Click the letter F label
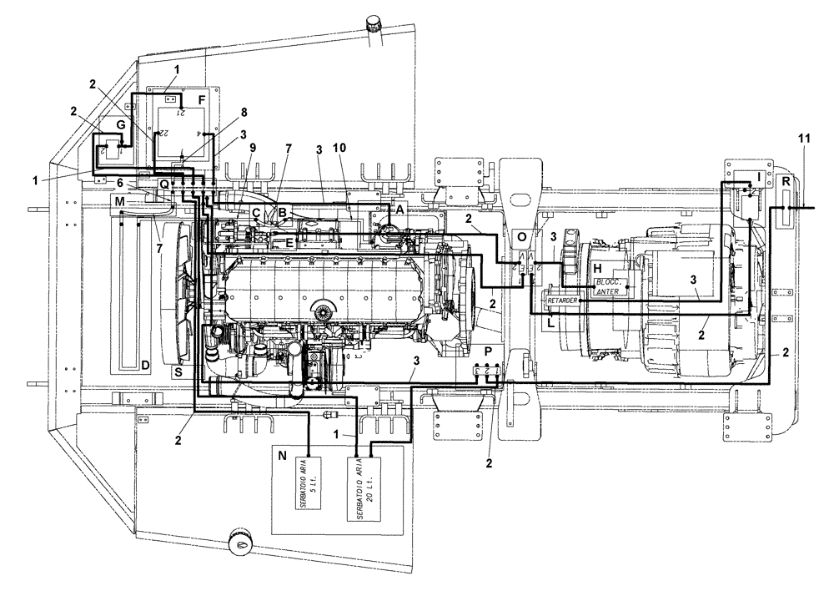click(201, 99)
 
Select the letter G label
click(120, 125)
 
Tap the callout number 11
click(803, 139)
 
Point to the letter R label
click(786, 179)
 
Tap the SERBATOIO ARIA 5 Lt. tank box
click(309, 488)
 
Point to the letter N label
click(283, 456)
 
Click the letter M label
click(121, 201)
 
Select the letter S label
click(177, 373)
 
